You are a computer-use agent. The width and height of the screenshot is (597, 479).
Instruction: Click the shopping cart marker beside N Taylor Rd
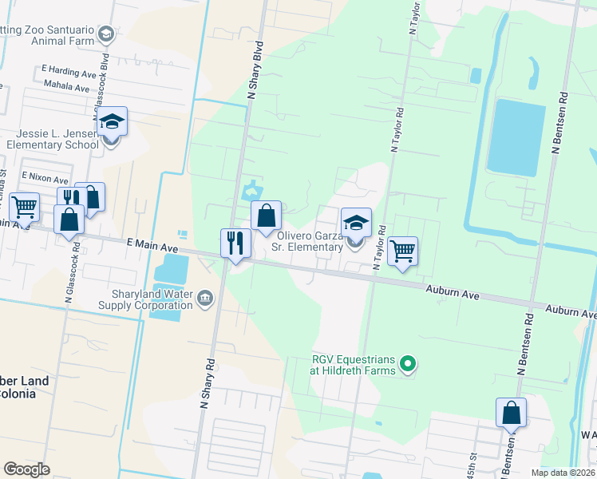(402, 251)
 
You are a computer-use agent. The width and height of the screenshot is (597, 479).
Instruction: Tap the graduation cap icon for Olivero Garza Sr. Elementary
(356, 223)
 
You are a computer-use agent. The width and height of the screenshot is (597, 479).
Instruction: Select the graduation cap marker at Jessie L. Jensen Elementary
(112, 122)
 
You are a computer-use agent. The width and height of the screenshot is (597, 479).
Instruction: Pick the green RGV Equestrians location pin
(409, 366)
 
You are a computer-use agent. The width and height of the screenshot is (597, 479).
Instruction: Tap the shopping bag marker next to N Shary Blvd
(266, 215)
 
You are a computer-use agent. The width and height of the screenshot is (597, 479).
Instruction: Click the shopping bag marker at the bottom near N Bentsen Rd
(511, 413)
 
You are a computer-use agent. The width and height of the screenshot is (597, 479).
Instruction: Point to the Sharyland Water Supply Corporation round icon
(205, 298)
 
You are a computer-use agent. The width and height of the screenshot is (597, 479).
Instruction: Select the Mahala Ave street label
(66, 86)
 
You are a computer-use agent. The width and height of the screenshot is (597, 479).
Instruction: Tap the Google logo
(27, 469)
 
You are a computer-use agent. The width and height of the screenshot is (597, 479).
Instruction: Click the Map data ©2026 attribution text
(562, 473)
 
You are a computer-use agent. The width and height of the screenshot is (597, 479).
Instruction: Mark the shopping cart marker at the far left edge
(24, 207)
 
